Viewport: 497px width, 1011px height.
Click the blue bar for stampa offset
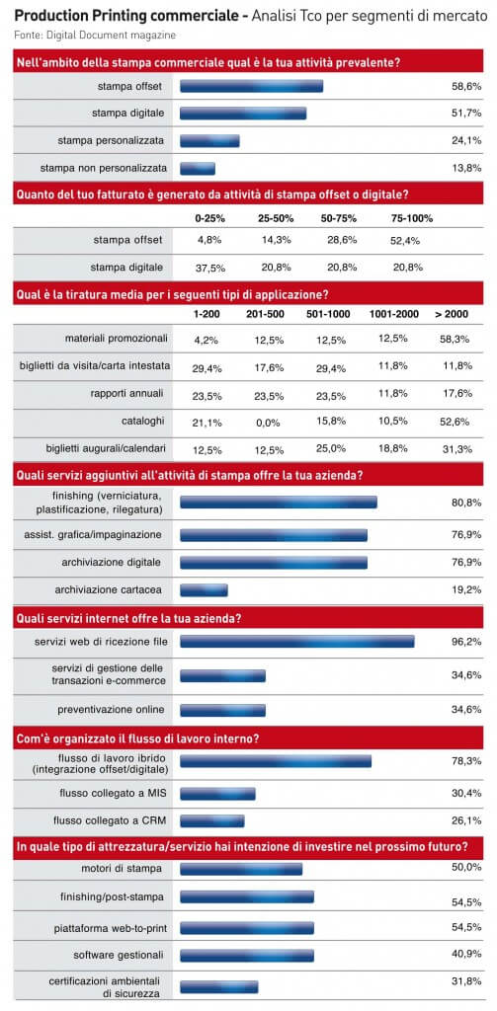tap(251, 87)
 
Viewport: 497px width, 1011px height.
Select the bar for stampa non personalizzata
tap(198, 168)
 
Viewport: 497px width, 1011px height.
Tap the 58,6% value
tap(466, 87)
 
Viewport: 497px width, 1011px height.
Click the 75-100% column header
tap(412, 218)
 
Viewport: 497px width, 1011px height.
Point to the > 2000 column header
tap(452, 315)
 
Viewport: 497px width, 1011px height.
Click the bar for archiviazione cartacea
tap(204, 589)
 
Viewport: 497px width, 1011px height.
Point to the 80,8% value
tap(466, 502)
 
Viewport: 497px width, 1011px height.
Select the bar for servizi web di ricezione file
tap(296, 642)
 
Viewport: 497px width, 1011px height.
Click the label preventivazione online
tap(111, 710)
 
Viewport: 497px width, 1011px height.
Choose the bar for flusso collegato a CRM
tap(212, 820)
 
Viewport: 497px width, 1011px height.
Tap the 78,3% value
tap(466, 761)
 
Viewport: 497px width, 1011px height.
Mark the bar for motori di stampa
tap(241, 869)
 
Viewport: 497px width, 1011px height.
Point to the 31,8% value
tap(466, 981)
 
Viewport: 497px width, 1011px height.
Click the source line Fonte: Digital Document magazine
tap(95, 35)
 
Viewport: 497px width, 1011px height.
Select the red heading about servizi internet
tap(249, 618)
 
